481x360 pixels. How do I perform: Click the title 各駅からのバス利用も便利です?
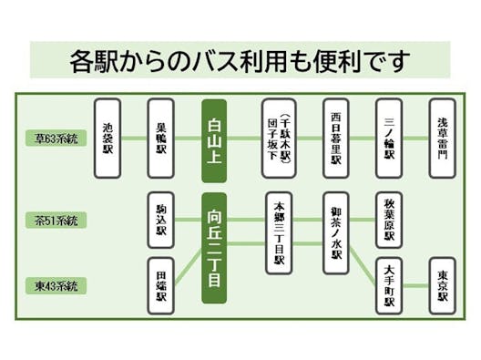[x=240, y=61]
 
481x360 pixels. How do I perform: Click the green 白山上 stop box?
[x=214, y=139]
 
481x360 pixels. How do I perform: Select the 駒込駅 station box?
[x=161, y=220]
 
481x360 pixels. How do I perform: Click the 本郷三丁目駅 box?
[x=279, y=232]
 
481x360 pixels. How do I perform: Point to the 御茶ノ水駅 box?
[x=335, y=232]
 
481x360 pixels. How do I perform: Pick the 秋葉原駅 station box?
[x=389, y=220]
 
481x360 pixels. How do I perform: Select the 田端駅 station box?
[x=161, y=285]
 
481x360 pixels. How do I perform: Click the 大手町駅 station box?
[x=389, y=285]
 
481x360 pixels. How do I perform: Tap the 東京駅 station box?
[x=443, y=285]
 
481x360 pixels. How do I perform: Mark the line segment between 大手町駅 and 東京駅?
[x=416, y=285]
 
